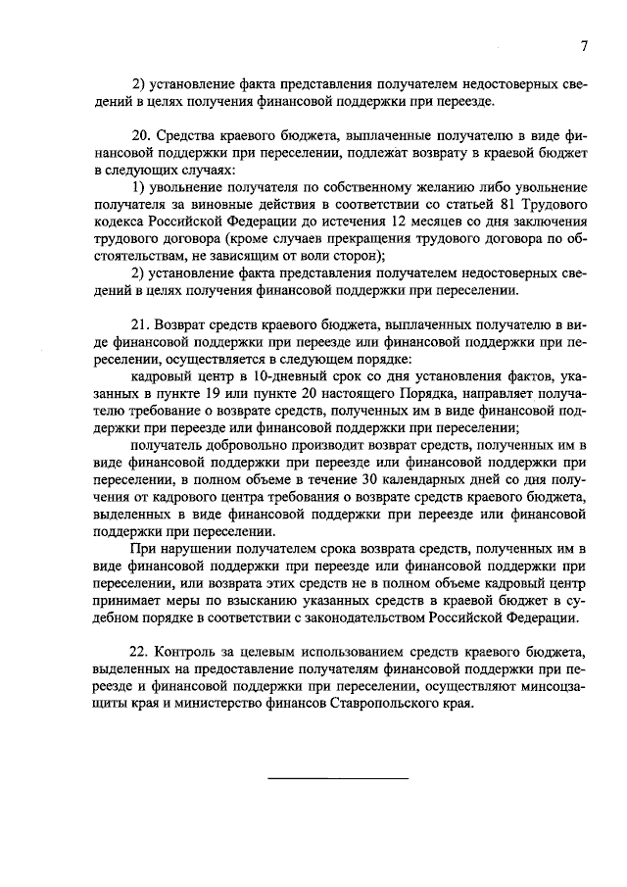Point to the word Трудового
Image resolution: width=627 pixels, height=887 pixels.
coord(540,203)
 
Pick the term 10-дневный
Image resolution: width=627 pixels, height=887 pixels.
coord(268,376)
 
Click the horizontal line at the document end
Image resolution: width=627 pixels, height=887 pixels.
coord(338,778)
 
